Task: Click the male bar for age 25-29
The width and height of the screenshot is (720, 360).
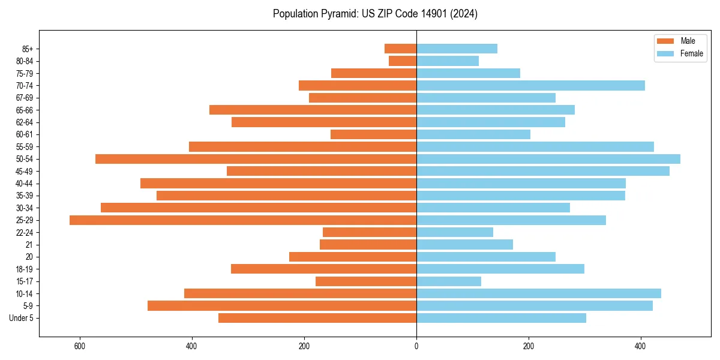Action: [243, 220]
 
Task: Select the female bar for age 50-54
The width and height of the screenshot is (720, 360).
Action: [548, 159]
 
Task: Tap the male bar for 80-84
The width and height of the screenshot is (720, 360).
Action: [403, 61]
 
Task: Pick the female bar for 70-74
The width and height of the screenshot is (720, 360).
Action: [530, 85]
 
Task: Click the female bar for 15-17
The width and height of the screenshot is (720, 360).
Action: [449, 281]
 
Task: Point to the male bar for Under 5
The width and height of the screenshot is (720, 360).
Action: [317, 318]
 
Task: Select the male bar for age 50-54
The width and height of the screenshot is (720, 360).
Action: [256, 159]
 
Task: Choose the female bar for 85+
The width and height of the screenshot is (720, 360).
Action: [457, 49]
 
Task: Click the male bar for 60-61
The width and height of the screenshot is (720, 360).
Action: [373, 134]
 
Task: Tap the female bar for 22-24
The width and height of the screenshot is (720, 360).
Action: [455, 232]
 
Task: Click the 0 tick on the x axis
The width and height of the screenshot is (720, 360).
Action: [416, 346]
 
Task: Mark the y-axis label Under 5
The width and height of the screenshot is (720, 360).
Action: [22, 318]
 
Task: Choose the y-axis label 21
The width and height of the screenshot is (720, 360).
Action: [29, 245]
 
